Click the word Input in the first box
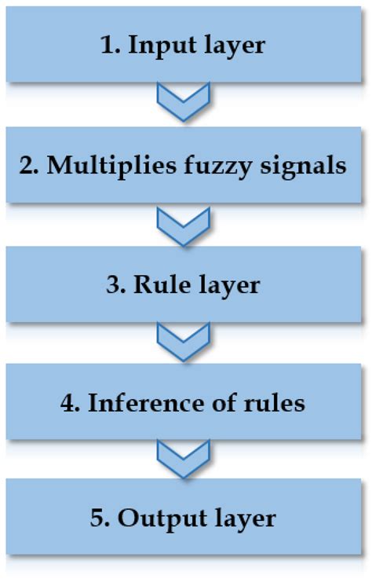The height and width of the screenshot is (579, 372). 162,45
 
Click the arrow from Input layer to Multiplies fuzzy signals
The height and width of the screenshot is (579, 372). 185,104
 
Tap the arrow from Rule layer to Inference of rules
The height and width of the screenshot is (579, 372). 185,341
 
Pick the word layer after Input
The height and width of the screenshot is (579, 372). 230,45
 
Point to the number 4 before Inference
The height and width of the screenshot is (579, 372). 68,402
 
